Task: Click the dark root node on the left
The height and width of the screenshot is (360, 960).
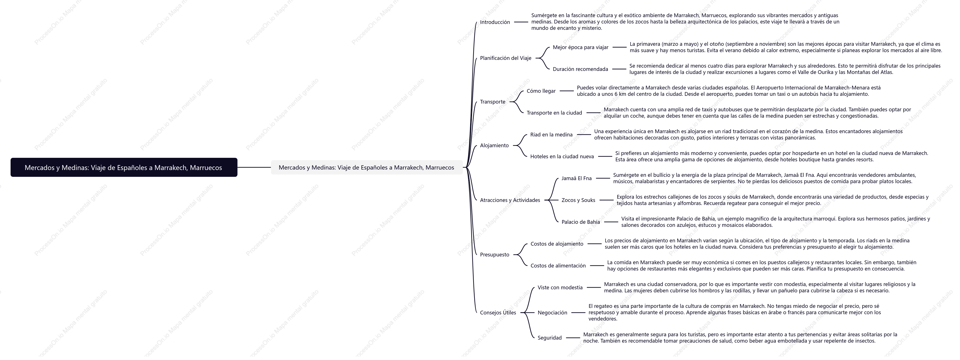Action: tap(124, 167)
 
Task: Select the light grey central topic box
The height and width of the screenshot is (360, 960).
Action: tap(366, 167)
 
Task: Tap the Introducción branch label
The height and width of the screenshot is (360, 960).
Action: tap(495, 22)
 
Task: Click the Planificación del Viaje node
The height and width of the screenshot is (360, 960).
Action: tap(505, 58)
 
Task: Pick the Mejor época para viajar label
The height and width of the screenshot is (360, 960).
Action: tap(580, 47)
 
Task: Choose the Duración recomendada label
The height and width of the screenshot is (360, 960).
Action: tap(580, 69)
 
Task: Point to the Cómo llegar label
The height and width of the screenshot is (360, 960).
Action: tap(541, 91)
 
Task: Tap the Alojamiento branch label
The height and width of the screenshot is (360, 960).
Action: tap(494, 145)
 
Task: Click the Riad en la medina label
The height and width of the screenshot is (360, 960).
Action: tap(551, 135)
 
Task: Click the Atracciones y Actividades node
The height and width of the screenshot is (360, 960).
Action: tap(510, 200)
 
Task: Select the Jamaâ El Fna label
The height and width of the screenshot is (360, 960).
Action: tap(577, 178)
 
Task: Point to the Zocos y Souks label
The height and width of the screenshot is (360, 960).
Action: tap(578, 200)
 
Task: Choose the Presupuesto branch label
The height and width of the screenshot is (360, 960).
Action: tap(495, 255)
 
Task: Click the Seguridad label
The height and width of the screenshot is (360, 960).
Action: tap(549, 338)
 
